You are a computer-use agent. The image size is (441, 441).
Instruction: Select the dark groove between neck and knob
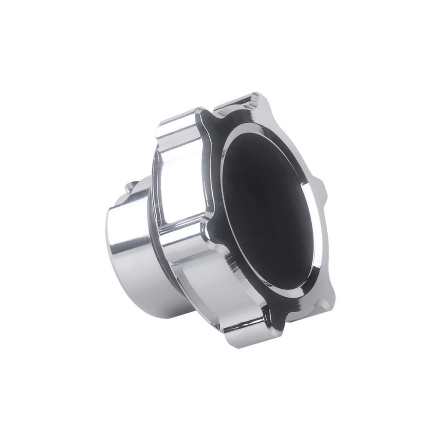click(151, 215)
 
